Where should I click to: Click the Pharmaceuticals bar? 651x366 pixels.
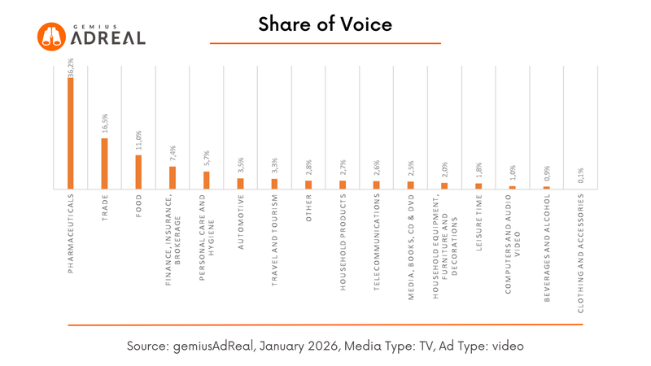71,133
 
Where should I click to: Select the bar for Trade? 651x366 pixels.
104,163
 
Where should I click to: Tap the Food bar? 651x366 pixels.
138,172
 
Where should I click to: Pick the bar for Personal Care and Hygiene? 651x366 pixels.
207,180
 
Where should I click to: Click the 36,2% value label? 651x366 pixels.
71,67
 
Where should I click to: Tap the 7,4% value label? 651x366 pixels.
173,155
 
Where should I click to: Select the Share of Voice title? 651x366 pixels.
325,24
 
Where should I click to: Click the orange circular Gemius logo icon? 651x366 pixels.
52,35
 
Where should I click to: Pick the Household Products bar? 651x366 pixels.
343,185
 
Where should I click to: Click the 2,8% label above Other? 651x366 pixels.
308,168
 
